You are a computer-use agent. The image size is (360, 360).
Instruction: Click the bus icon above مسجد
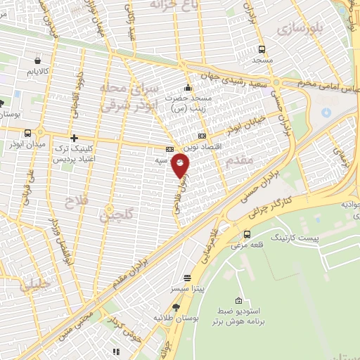262,49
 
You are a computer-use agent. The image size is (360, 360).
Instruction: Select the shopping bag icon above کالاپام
37,60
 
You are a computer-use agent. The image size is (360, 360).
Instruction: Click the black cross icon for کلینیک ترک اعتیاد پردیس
73,137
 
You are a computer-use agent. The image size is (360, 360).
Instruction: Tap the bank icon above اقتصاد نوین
202,136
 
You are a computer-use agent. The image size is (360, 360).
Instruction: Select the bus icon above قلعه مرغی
247,234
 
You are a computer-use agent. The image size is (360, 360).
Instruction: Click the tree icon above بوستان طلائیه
175,307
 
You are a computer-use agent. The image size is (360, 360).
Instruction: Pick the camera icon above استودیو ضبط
239,301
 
